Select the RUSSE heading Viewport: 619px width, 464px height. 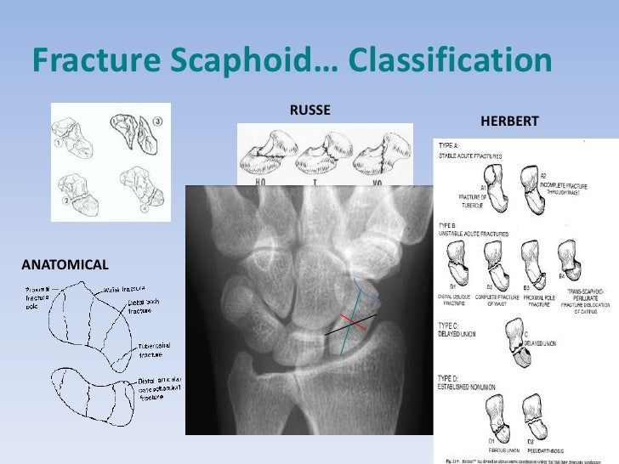click(x=310, y=110)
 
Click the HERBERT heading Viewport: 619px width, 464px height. click(x=509, y=123)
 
